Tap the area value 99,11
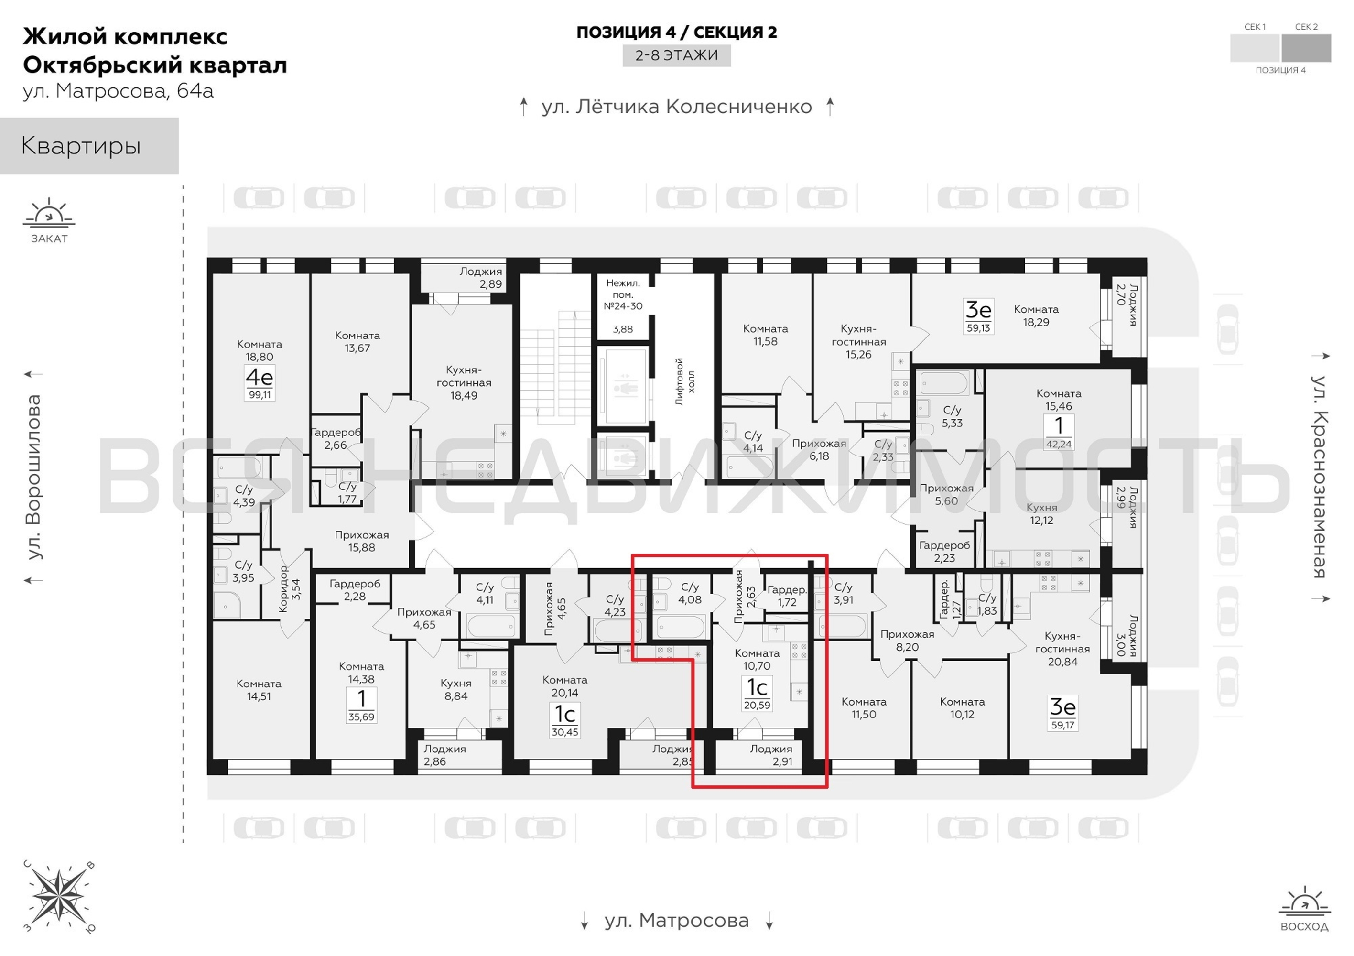[260, 394]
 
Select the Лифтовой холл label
[685, 381]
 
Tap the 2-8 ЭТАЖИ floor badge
[676, 55]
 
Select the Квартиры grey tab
[89, 146]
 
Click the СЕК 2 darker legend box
[1306, 48]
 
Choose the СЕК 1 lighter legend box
[1255, 48]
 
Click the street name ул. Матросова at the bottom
[676, 921]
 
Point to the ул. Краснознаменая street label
[1320, 477]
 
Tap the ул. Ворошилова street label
[34, 477]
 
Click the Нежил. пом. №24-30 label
[623, 294]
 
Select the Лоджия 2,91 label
[771, 755]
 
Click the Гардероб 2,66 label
[336, 439]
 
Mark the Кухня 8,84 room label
[456, 689]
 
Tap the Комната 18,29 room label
[1036, 315]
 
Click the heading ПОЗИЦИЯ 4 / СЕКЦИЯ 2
[676, 32]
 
